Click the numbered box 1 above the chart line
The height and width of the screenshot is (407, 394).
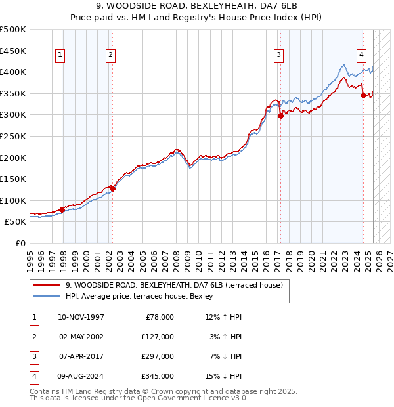(x=60, y=56)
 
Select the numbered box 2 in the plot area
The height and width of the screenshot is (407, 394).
(x=110, y=56)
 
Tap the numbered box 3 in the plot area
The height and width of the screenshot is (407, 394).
(x=279, y=56)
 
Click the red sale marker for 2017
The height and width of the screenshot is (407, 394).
(x=281, y=116)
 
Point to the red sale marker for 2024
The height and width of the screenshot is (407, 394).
(x=363, y=95)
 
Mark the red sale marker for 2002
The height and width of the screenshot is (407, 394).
(x=112, y=188)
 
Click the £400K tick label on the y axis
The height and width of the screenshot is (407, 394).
(x=13, y=72)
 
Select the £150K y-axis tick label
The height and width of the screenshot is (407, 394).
(x=13, y=179)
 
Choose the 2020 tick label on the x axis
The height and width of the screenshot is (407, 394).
(x=309, y=259)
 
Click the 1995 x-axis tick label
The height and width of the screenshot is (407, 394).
(x=30, y=259)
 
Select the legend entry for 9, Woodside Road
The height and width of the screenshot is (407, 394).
(x=173, y=285)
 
